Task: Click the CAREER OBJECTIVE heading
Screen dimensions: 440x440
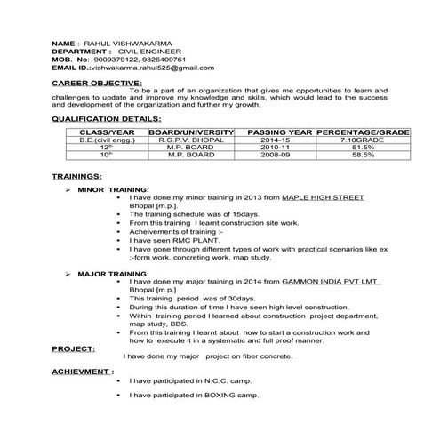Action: tap(97, 83)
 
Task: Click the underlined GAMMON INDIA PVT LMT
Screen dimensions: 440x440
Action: tap(330, 282)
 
